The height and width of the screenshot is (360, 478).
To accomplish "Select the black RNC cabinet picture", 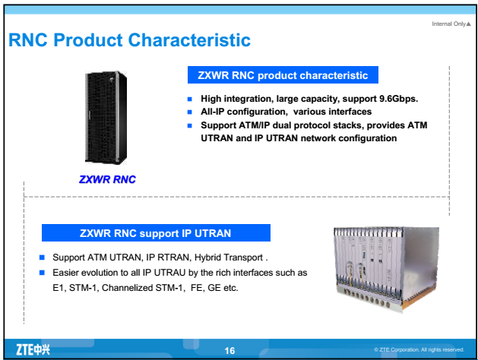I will coord(112,120).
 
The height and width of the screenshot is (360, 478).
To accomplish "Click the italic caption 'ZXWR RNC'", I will coord(112,181).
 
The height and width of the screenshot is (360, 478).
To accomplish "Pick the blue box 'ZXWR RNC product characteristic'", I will coord(283,75).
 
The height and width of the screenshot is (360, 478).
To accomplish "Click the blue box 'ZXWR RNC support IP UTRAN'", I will coord(156,232).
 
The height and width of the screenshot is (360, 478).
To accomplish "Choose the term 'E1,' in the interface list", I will coord(59,286).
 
